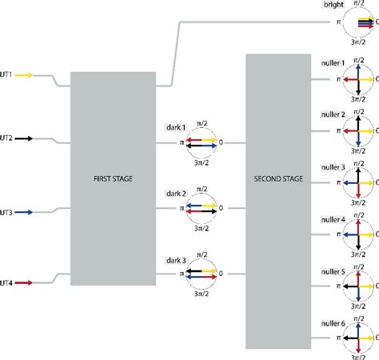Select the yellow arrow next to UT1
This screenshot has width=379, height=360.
coord(23,75)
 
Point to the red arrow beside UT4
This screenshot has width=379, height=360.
coord(23,282)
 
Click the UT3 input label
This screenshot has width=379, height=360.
coord(6,212)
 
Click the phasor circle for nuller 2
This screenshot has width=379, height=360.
coord(358,130)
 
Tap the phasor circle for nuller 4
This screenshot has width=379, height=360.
coord(358,234)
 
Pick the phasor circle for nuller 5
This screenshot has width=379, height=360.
coord(358,286)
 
